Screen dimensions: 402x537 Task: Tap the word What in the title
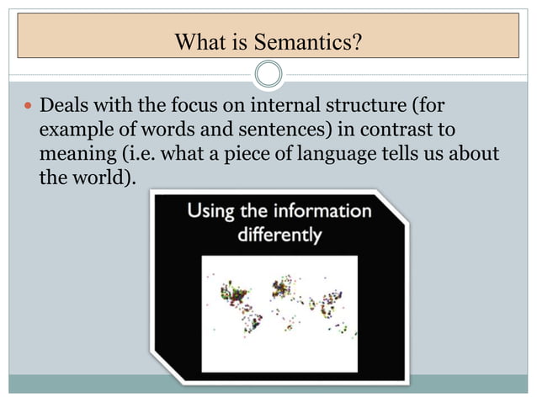(197, 40)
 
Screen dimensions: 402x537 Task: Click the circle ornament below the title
(268, 74)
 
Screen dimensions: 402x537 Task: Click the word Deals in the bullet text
(64, 108)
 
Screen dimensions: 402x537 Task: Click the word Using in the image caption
(210, 210)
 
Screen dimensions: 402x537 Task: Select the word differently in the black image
(279, 235)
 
